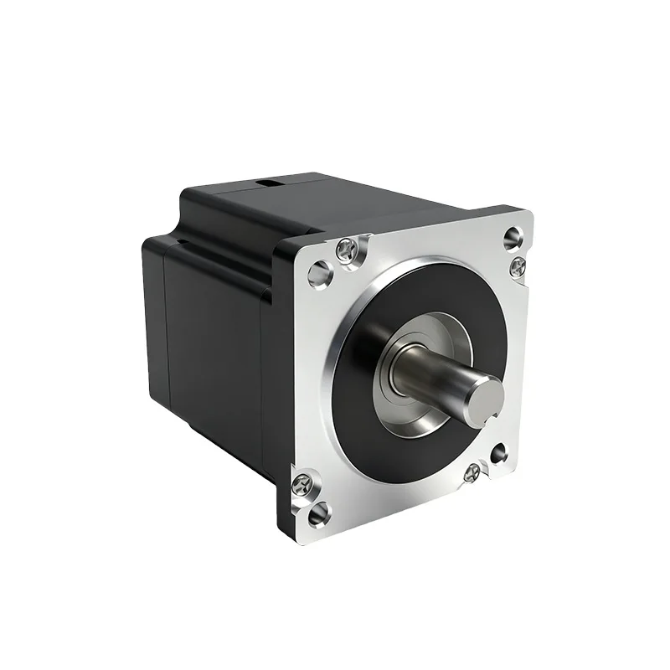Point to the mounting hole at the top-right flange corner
pyautogui.click(x=512, y=237)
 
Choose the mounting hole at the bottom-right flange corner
pyautogui.click(x=501, y=453)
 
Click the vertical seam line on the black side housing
pyautogui.click(x=164, y=335)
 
